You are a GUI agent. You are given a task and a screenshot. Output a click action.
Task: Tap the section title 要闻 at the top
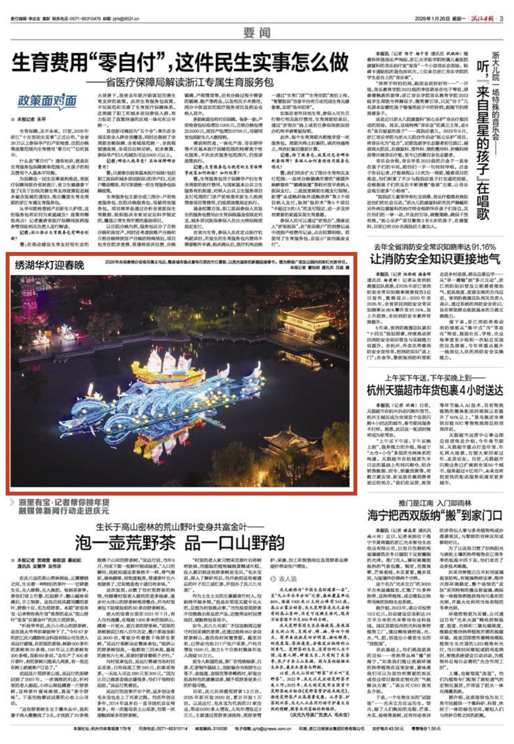click(x=257, y=32)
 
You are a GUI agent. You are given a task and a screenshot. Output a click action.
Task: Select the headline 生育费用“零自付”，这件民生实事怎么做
click(x=180, y=62)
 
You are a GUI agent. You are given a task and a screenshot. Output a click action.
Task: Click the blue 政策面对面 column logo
click(x=47, y=101)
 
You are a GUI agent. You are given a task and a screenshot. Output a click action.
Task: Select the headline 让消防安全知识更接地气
click(x=434, y=259)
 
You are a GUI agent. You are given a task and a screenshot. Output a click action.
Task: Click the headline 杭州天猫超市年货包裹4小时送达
click(x=434, y=389)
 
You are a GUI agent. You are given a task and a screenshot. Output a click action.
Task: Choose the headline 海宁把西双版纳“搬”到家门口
click(x=434, y=514)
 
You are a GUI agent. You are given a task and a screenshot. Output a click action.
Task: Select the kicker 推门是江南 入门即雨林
click(x=434, y=503)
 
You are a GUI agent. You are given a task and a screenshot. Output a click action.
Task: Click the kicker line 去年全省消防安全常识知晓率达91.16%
click(x=434, y=247)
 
